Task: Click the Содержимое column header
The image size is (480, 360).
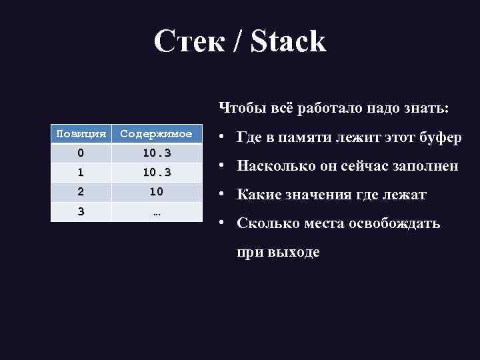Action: pyautogui.click(x=157, y=134)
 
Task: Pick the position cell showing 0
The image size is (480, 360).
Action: pyautogui.click(x=81, y=153)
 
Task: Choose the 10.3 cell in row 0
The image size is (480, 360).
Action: pyautogui.click(x=157, y=153)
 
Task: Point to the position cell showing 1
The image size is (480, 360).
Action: pyautogui.click(x=81, y=173)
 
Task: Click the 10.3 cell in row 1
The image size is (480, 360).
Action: pyautogui.click(x=157, y=173)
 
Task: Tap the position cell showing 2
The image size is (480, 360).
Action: pyautogui.click(x=81, y=192)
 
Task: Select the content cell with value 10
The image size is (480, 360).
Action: pyautogui.click(x=157, y=192)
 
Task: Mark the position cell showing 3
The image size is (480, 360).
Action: pyautogui.click(x=81, y=211)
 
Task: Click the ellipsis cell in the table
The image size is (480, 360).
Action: pyautogui.click(x=157, y=211)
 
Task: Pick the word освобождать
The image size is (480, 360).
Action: pyautogui.click(x=393, y=223)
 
